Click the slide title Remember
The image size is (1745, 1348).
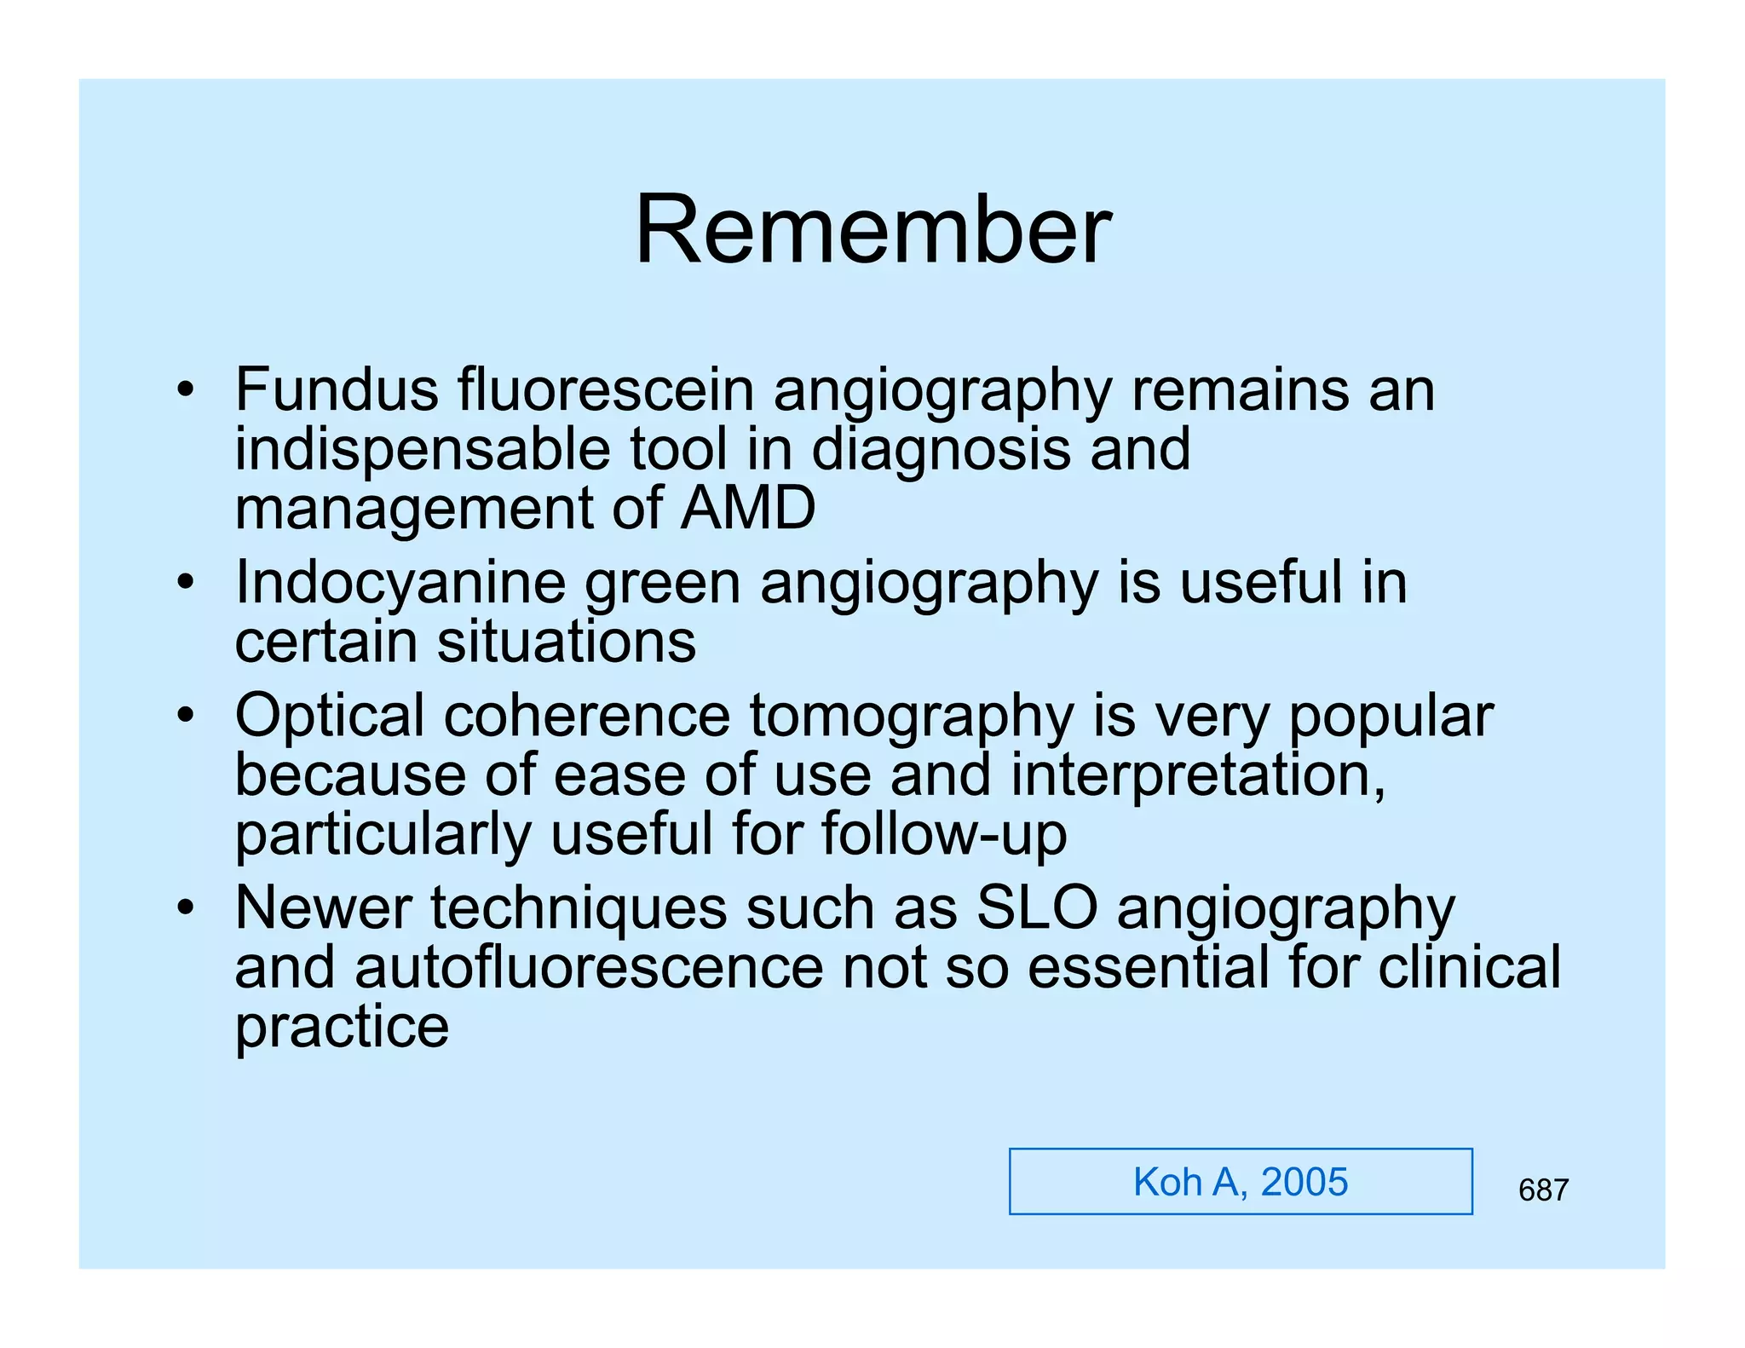coord(872,230)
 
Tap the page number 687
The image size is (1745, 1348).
coord(1542,1190)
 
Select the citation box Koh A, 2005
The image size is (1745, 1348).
coord(1240,1182)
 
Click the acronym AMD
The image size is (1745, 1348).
coord(748,508)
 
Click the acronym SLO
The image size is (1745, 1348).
coord(1037,907)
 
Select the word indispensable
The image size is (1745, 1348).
coord(423,449)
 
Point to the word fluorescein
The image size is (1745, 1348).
coord(606,389)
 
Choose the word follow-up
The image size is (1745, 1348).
coord(944,834)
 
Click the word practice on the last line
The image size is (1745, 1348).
coord(342,1027)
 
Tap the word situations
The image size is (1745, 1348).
coord(567,642)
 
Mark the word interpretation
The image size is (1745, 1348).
coord(1197,775)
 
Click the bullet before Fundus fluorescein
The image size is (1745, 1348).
coord(186,392)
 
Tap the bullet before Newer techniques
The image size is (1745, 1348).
coord(186,909)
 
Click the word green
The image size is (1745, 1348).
coord(662,585)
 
